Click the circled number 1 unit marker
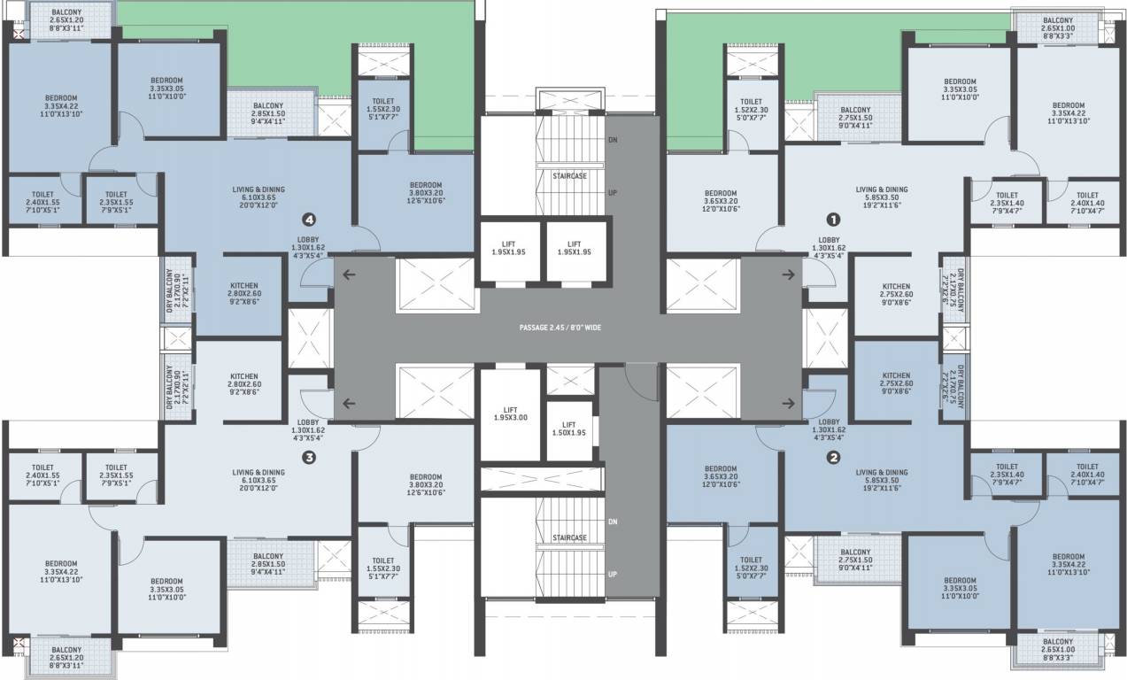tap(831, 218)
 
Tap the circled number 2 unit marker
tap(832, 458)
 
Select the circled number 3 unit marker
tap(309, 458)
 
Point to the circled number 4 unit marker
tap(309, 218)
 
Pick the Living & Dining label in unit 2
tap(882, 479)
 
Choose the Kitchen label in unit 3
tap(243, 382)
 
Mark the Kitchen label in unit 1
tap(896, 292)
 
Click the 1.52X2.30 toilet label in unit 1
tap(751, 107)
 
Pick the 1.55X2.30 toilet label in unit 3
tap(382, 566)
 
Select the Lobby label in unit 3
tap(308, 429)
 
